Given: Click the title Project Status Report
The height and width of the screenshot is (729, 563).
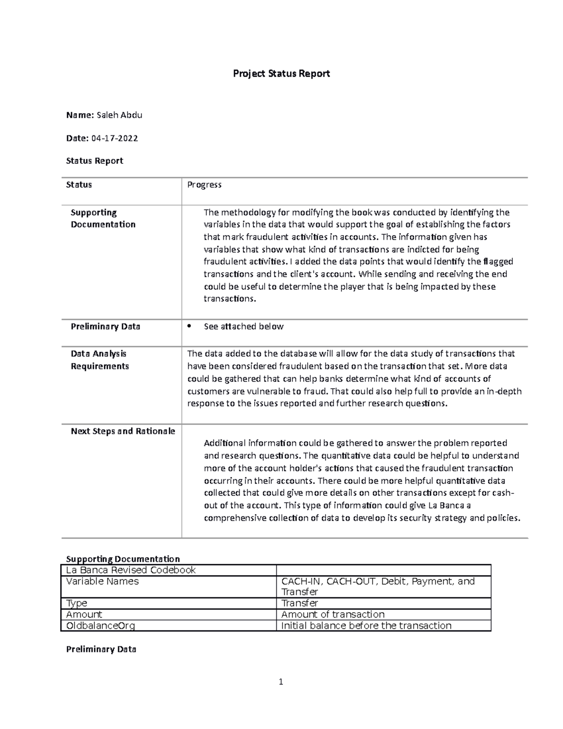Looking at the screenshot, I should click(281, 74).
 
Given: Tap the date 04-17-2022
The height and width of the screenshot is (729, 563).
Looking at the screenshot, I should click(114, 138).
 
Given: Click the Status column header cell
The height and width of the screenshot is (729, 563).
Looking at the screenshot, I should click(79, 185).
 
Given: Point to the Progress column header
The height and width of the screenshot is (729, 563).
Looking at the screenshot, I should click(204, 185).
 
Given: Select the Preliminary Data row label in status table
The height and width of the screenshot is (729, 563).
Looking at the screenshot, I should click(106, 326).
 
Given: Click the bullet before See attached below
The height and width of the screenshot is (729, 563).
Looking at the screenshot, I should click(190, 326).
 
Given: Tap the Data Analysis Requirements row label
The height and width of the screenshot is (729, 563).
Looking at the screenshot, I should click(99, 360).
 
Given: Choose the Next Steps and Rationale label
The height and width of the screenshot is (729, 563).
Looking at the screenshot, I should click(123, 431).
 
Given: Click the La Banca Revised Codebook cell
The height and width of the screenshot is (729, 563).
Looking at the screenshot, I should click(131, 570).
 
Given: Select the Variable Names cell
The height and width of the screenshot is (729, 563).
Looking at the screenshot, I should click(103, 581).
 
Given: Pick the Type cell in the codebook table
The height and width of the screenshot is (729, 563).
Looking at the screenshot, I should click(77, 603).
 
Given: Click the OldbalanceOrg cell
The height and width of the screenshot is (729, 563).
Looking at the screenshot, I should click(101, 626).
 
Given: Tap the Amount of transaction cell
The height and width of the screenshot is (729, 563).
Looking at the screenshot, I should click(333, 614).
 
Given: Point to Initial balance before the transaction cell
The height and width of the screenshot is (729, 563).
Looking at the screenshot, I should click(366, 626).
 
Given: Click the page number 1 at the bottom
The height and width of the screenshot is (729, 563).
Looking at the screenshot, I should click(281, 682).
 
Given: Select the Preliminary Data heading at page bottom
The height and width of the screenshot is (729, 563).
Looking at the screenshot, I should click(101, 649).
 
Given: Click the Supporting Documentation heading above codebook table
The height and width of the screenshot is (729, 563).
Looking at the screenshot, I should click(123, 559).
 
